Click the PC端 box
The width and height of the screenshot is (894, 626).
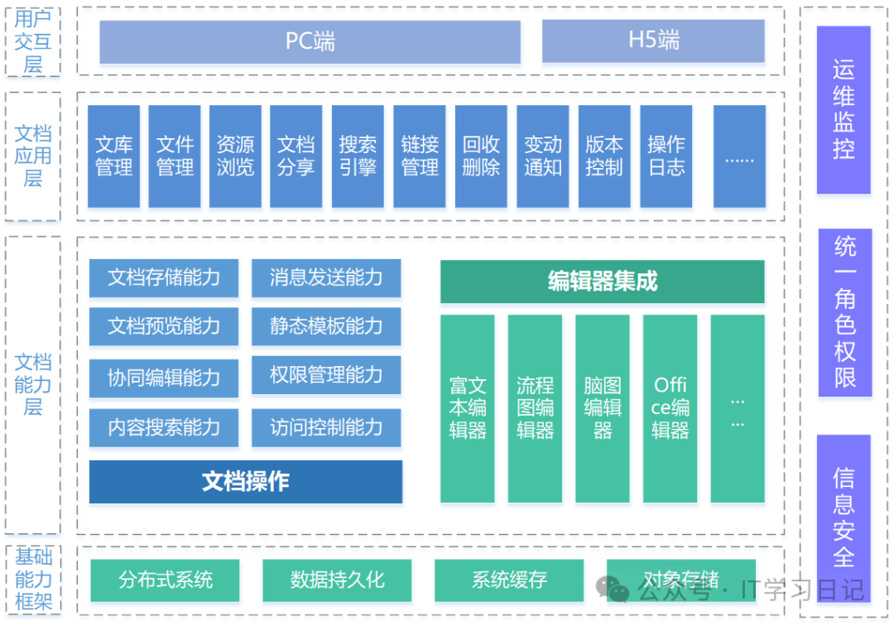pyautogui.click(x=310, y=41)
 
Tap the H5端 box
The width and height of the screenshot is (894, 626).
pyautogui.click(x=653, y=41)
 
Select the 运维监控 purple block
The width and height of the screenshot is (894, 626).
pyautogui.click(x=844, y=110)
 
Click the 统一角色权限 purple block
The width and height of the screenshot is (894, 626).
pyautogui.click(x=844, y=312)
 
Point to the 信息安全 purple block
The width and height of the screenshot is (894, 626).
pyautogui.click(x=844, y=517)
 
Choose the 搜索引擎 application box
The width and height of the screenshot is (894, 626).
pyautogui.click(x=358, y=156)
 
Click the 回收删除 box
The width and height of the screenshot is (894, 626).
pyautogui.click(x=481, y=156)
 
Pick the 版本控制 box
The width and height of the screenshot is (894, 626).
pyautogui.click(x=604, y=156)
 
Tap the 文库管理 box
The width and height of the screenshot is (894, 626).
pyautogui.click(x=114, y=156)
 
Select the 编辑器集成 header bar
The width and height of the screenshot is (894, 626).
pyautogui.click(x=602, y=282)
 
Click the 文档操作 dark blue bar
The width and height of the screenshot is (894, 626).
pyautogui.click(x=246, y=482)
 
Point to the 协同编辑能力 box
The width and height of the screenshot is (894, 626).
pyautogui.click(x=164, y=378)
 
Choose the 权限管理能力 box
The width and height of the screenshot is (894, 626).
pyautogui.click(x=326, y=375)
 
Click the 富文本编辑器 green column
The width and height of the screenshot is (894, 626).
pyautogui.click(x=468, y=408)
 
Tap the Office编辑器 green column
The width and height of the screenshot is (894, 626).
pyautogui.click(x=670, y=408)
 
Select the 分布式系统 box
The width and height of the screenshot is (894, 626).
pyautogui.click(x=165, y=580)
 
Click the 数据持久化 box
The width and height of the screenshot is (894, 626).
pyautogui.click(x=337, y=580)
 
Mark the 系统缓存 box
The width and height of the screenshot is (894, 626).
pyautogui.click(x=509, y=580)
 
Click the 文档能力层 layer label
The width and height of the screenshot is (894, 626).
pyautogui.click(x=33, y=384)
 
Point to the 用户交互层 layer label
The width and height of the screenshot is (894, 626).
pyautogui.click(x=33, y=41)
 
